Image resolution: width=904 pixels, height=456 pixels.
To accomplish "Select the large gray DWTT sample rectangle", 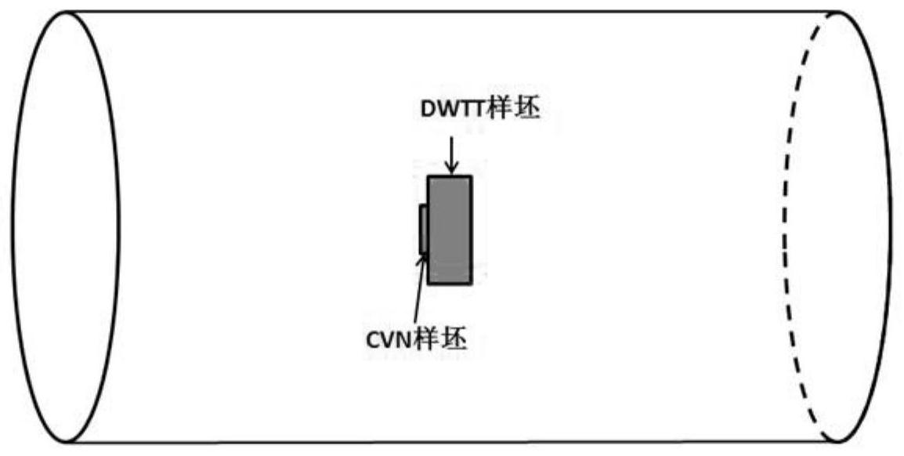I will tap(450, 230).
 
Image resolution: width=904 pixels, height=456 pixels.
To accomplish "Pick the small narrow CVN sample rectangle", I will tap(424, 230).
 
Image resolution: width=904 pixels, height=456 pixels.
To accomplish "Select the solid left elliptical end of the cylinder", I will tap(66, 227).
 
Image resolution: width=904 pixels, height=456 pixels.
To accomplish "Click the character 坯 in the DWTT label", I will tap(527, 110).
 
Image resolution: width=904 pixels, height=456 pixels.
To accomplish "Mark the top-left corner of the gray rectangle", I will tap(428, 177).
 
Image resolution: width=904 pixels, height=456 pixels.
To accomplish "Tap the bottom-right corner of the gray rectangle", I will tap(471, 283).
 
